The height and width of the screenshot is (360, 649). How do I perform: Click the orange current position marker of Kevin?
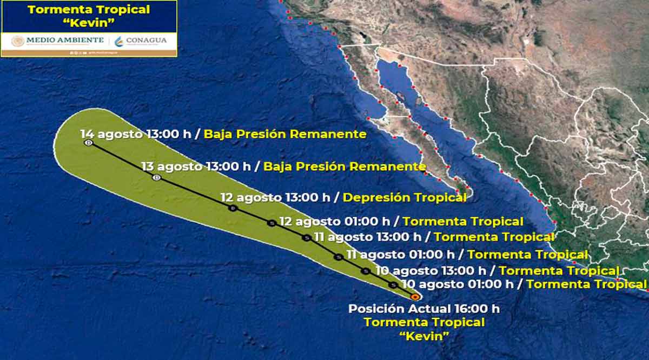click(x=415, y=297)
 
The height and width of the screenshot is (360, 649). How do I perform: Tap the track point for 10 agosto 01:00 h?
click(x=394, y=285)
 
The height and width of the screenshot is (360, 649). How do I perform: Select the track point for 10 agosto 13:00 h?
click(x=366, y=271)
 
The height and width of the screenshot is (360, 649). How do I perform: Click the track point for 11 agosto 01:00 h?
click(x=339, y=257)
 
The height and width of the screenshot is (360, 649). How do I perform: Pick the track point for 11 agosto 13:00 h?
click(x=307, y=237)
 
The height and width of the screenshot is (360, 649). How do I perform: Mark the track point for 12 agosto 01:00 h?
click(x=272, y=223)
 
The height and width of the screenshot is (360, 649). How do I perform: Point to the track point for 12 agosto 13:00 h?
click(x=233, y=208)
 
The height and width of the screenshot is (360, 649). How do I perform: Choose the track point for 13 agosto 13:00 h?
click(x=157, y=177)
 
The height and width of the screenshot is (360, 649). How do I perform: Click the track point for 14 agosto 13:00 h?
click(x=89, y=143)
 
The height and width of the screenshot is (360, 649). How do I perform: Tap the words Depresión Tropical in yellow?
click(x=405, y=197)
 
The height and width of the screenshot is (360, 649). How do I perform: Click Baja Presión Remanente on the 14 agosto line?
click(x=284, y=134)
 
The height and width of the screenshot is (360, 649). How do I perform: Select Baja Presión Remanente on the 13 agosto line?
click(x=344, y=166)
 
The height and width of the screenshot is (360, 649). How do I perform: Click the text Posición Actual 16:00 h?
click(x=423, y=309)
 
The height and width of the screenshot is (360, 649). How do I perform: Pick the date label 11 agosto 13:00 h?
click(x=374, y=237)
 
